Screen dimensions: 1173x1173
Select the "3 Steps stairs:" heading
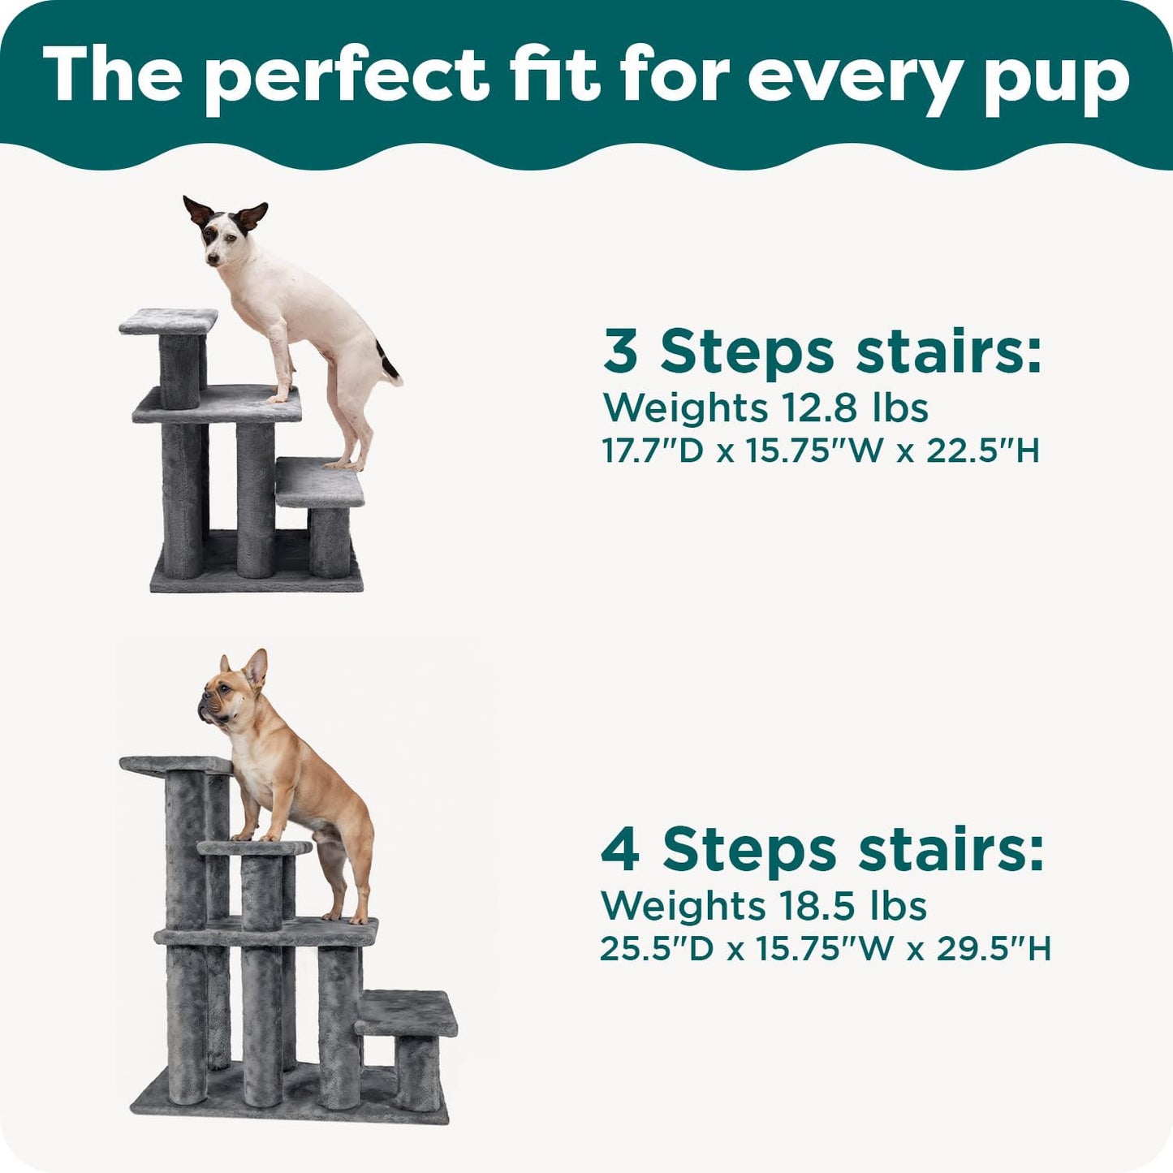click(822, 351)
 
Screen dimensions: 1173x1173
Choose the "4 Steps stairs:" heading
click(822, 850)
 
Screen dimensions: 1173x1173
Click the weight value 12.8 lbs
click(843, 408)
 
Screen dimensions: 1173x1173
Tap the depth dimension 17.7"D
click(653, 451)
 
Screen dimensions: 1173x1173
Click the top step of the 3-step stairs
click(169, 321)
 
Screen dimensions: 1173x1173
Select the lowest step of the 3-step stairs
click(319, 481)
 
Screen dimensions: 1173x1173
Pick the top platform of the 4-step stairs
click(175, 764)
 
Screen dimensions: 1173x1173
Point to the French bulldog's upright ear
click(257, 667)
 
